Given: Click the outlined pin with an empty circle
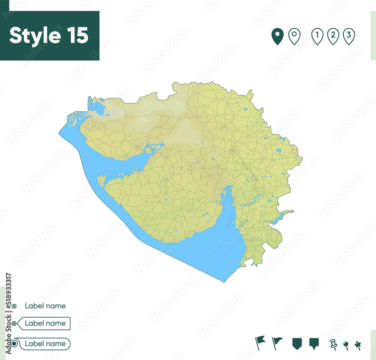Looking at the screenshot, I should point(294,36).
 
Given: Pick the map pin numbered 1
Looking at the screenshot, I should point(317,36).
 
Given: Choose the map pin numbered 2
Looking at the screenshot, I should point(333,36).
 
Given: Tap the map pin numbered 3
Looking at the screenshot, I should point(349,36).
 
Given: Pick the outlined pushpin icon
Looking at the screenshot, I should point(333,343).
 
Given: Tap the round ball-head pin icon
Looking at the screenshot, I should point(346,345).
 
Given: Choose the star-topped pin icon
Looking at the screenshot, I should point(358,345).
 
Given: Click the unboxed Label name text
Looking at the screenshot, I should point(45,306).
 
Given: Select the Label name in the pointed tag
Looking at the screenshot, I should point(45,323).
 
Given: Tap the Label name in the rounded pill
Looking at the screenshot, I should point(45,343).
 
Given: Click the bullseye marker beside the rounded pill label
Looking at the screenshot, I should point(14,343).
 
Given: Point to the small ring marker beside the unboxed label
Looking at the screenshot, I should point(14,306).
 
